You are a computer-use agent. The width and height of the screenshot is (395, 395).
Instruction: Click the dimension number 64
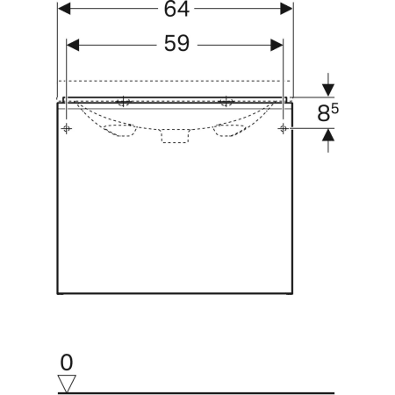176,9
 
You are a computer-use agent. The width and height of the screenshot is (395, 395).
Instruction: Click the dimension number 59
176,43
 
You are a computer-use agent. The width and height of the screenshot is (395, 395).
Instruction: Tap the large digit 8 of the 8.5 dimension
324,113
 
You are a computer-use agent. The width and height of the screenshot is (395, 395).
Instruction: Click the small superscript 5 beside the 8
335,109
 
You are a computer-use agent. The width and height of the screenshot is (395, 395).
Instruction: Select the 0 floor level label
67,363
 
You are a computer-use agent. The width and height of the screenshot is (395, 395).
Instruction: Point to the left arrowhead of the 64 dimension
64,9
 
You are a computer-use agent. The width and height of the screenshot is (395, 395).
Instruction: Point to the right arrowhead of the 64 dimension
286,9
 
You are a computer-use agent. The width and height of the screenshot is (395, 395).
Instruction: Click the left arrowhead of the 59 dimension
73,45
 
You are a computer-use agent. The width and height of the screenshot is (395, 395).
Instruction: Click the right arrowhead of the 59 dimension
276,45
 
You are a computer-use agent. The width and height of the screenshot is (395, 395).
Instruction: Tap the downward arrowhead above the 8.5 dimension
328,90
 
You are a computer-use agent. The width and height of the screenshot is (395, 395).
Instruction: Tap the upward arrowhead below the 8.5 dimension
328,134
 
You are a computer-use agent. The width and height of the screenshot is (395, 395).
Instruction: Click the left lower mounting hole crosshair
67,128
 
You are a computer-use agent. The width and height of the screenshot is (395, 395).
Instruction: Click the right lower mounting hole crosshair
283,128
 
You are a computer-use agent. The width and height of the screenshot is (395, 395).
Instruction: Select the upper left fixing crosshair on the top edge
124,102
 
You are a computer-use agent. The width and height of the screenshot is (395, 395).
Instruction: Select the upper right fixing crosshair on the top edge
226,102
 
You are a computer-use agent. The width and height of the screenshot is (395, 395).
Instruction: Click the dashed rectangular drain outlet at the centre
175,136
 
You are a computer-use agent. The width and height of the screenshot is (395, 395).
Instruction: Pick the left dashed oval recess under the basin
120,130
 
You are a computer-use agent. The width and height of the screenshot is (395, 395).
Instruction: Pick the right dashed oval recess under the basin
229,130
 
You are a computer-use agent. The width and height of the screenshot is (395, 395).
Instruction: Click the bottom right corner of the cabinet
292,293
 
